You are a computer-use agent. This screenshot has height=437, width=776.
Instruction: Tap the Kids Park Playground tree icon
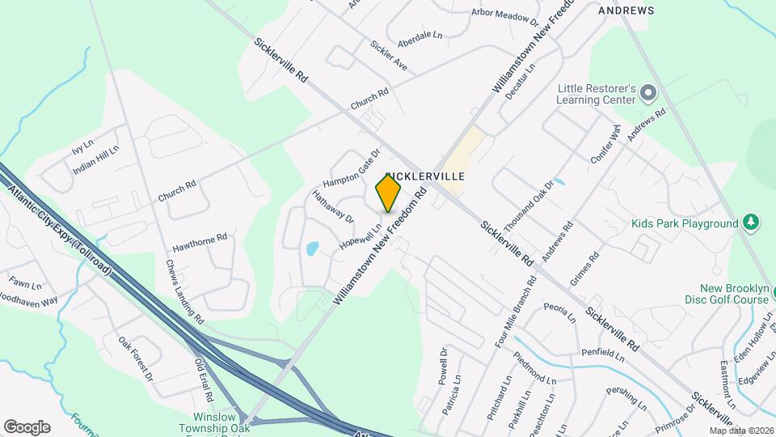point(752,223)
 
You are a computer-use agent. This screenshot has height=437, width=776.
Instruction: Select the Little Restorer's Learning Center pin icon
point(647,93)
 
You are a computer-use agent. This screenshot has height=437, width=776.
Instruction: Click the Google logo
point(27,426)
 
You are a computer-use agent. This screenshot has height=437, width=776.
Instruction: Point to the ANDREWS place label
point(626,11)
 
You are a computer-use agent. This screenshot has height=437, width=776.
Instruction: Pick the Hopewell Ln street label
point(360,231)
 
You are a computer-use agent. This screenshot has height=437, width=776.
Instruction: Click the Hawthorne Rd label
point(200,243)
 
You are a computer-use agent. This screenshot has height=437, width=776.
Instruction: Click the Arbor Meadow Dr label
point(505,15)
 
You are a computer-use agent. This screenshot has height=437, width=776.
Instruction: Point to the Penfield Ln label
point(603,353)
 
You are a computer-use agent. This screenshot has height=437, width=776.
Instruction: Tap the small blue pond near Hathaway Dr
point(313,248)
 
